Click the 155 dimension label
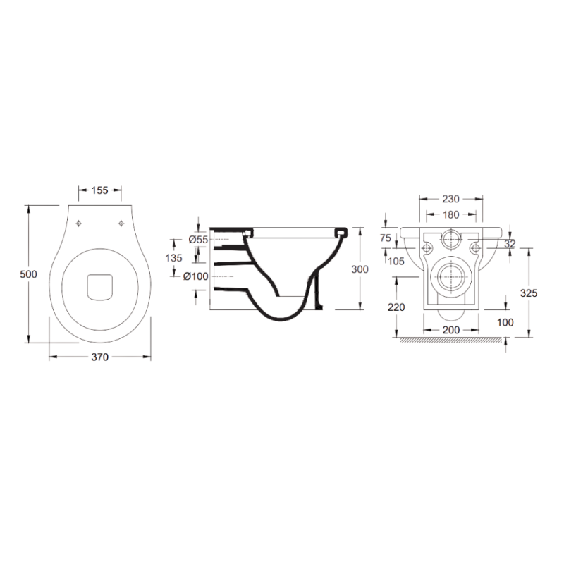click(99, 190)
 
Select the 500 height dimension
click(28, 274)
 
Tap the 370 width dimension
click(99, 357)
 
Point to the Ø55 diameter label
click(198, 240)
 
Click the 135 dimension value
click(173, 257)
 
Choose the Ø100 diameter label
click(196, 276)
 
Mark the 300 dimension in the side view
click(360, 269)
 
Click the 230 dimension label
click(450, 199)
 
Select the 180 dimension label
click(450, 215)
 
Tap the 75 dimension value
click(386, 238)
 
